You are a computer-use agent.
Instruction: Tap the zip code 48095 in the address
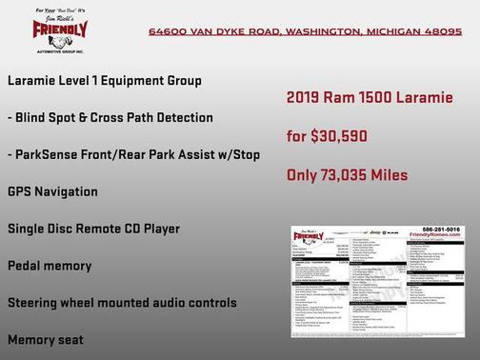tap(442, 31)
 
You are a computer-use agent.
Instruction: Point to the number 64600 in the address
tap(169, 31)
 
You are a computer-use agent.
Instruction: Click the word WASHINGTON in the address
tap(320, 31)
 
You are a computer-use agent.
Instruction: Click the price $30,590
tap(335, 136)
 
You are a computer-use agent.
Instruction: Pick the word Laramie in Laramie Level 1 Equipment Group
tap(34, 81)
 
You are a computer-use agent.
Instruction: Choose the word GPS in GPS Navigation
tap(19, 191)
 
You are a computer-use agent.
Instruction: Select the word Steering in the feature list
tap(35, 303)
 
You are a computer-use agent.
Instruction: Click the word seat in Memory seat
tap(70, 339)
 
